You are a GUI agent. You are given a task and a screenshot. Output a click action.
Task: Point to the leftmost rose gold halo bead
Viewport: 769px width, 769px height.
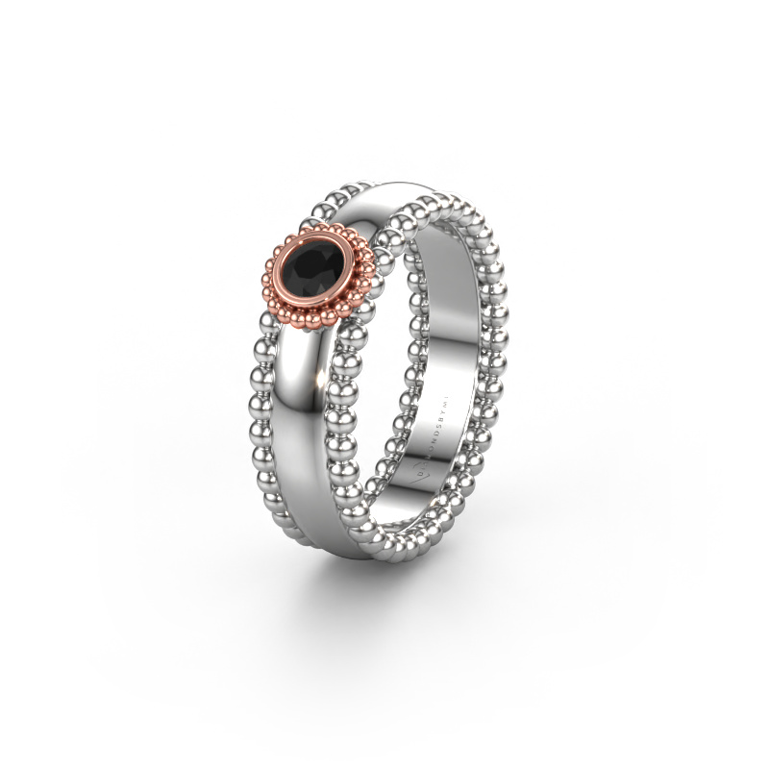(265, 279)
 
